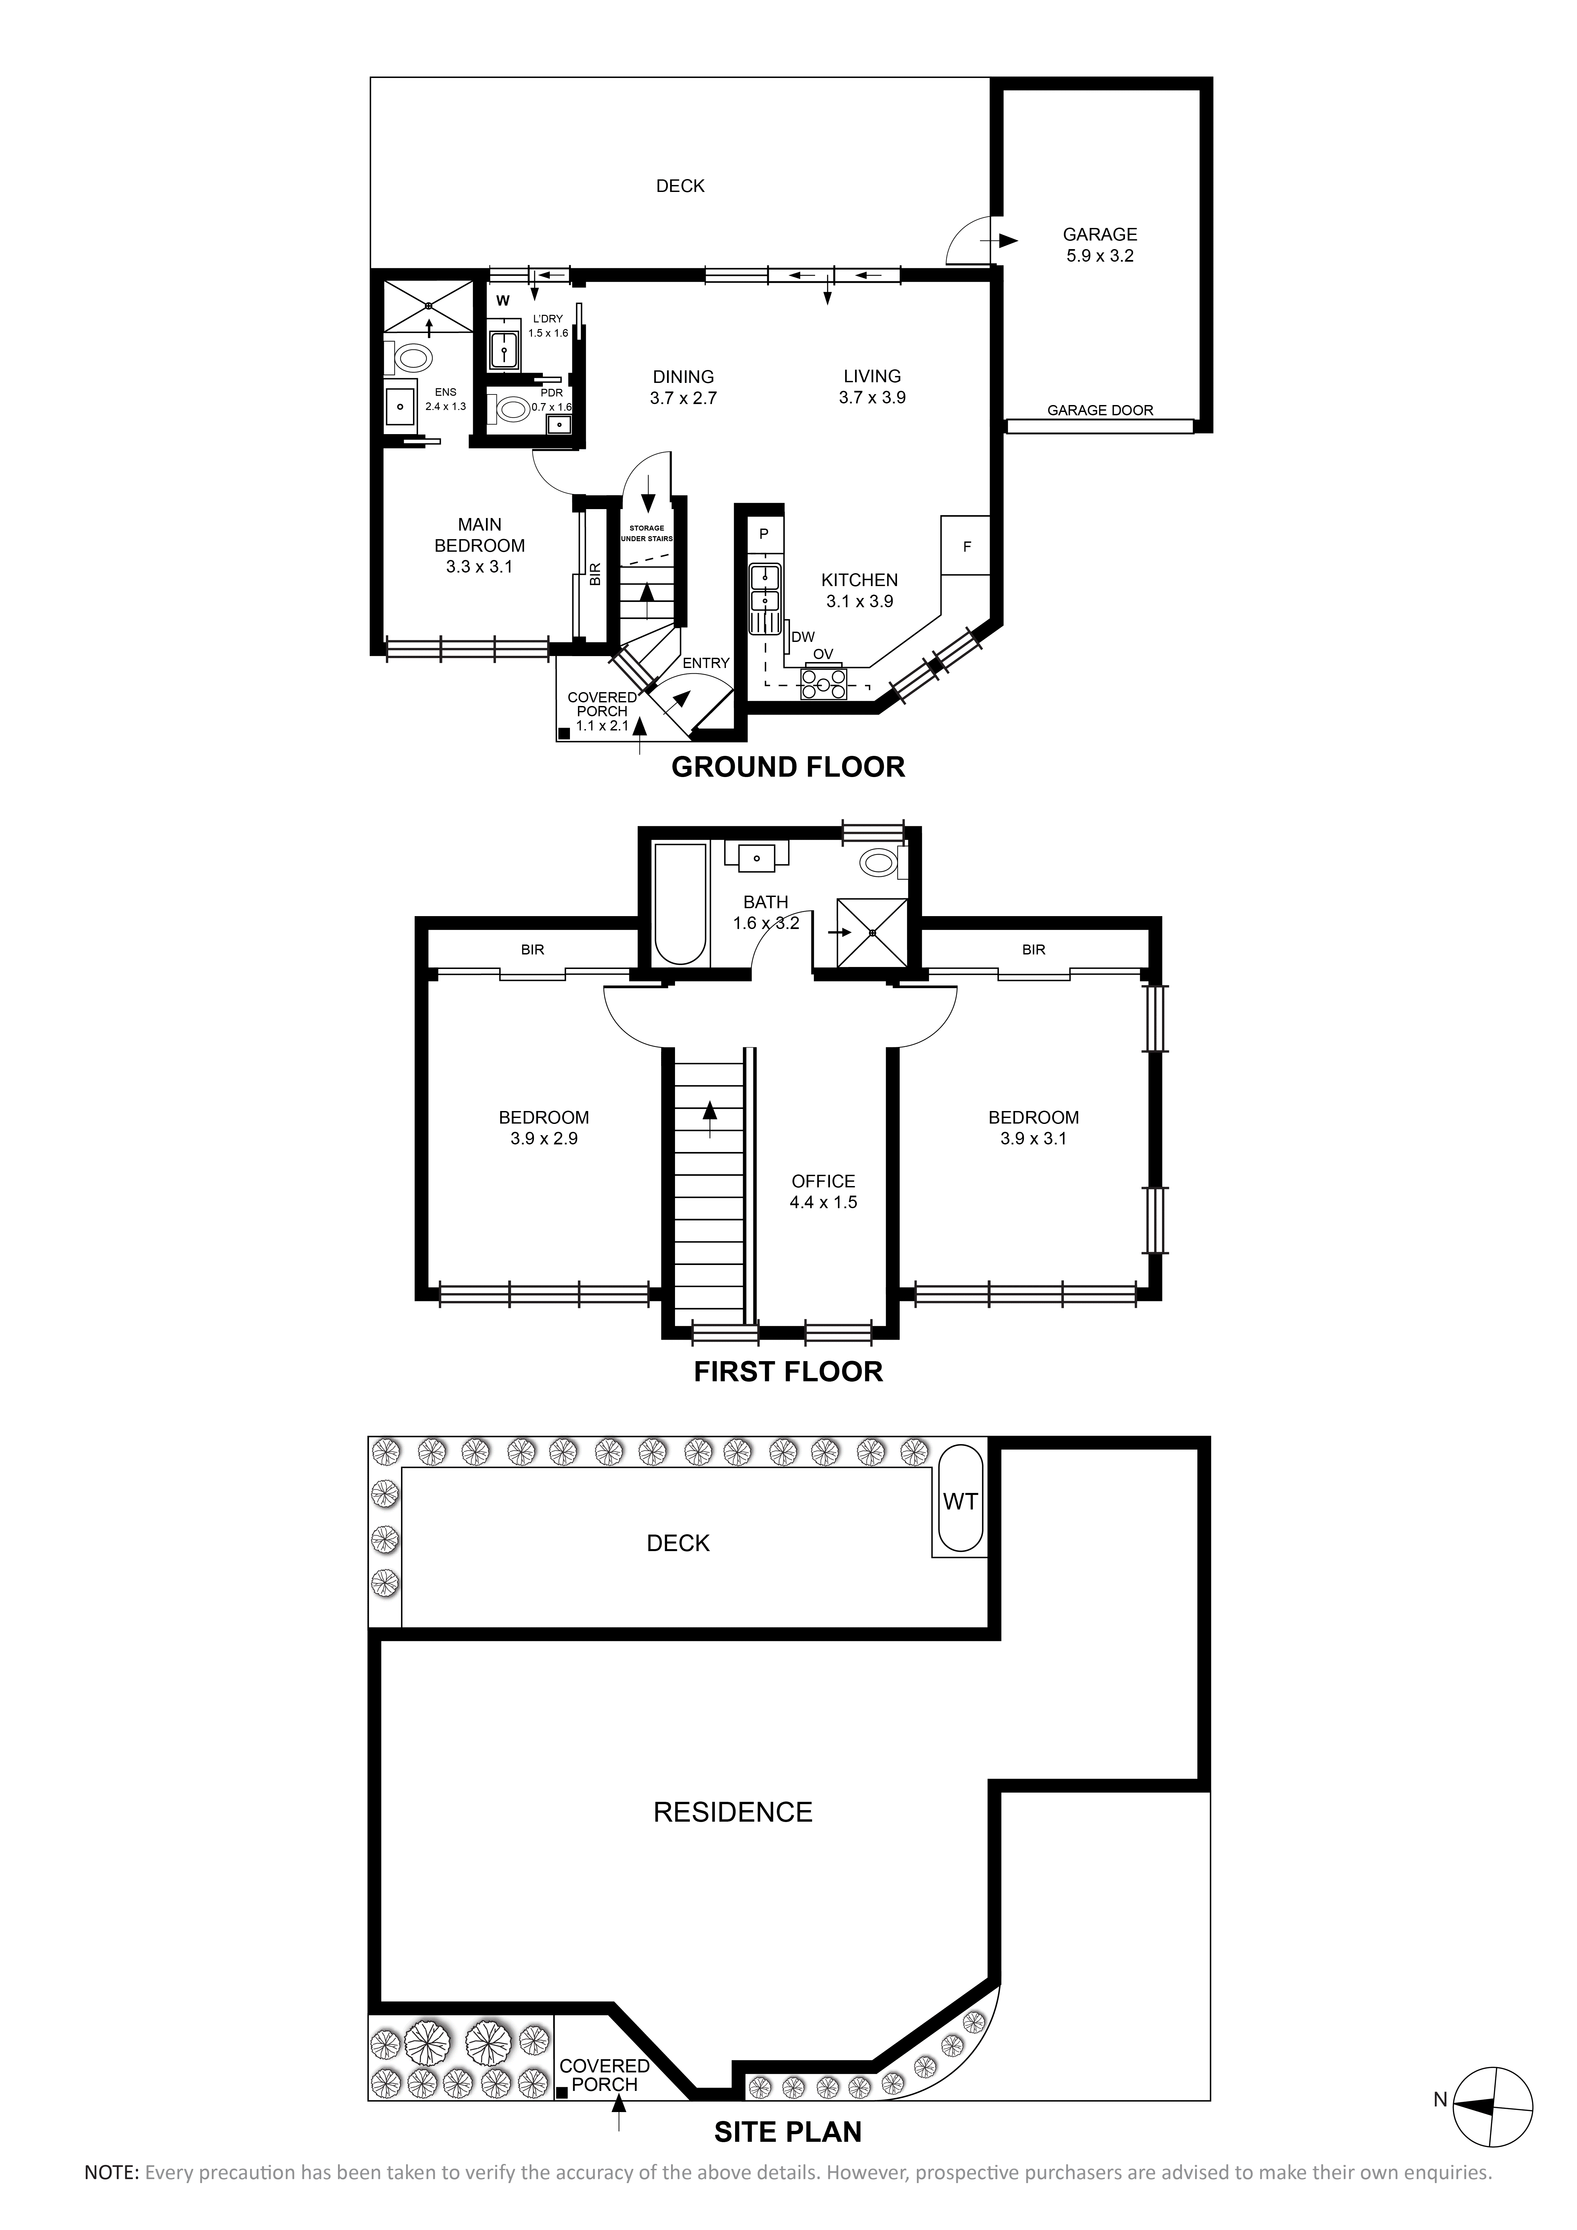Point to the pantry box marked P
764,533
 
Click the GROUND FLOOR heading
788,767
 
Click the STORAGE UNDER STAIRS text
647,533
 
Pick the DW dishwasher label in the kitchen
803,637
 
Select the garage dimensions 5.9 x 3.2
1099,256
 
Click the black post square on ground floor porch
563,734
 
